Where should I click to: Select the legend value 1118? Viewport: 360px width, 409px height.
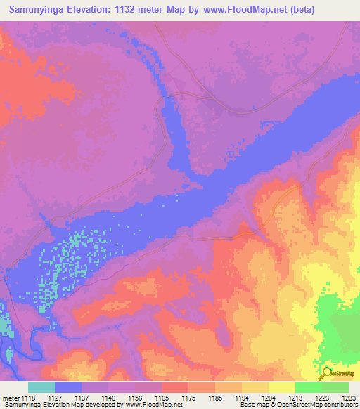29,398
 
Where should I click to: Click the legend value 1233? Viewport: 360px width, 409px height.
349,398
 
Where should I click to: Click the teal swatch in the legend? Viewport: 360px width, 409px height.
41,388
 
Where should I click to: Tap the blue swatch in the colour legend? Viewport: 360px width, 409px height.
68,388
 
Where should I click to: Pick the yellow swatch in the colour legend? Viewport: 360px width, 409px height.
281,388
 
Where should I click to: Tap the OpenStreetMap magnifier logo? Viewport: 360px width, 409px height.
326,373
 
